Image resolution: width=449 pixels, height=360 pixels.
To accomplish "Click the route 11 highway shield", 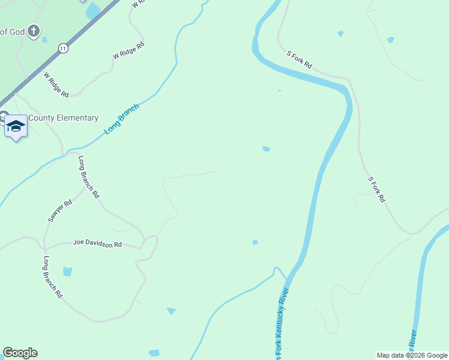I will click(x=62, y=47).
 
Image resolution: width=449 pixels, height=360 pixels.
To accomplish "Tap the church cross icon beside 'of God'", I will click(x=34, y=31).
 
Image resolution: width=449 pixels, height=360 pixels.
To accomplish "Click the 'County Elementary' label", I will click(x=63, y=118).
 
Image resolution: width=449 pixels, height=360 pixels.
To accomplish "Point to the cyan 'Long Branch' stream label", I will click(x=121, y=118).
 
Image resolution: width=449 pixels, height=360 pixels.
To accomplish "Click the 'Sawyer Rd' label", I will click(x=60, y=211).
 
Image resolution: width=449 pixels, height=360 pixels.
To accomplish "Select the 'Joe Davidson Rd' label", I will click(x=97, y=244).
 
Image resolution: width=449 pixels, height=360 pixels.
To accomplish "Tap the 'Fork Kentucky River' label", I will click(x=282, y=324).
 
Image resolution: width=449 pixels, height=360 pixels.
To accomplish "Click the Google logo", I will click(x=20, y=353).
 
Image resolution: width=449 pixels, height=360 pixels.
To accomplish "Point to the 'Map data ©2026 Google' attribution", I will click(x=412, y=355).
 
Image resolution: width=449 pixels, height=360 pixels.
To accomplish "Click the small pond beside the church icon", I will click(x=44, y=40).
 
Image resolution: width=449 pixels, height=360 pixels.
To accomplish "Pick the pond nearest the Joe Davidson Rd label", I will click(x=67, y=271).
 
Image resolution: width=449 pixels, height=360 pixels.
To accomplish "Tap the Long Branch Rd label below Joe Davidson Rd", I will click(x=52, y=277).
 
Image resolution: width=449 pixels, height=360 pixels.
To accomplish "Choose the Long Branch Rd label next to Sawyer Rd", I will click(x=89, y=177).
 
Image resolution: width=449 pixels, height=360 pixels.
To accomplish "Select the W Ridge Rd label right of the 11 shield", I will click(x=128, y=50).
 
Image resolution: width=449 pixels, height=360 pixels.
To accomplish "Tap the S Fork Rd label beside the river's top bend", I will click(x=299, y=59).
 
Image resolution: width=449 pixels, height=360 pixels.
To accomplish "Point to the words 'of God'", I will click(x=11, y=31).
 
